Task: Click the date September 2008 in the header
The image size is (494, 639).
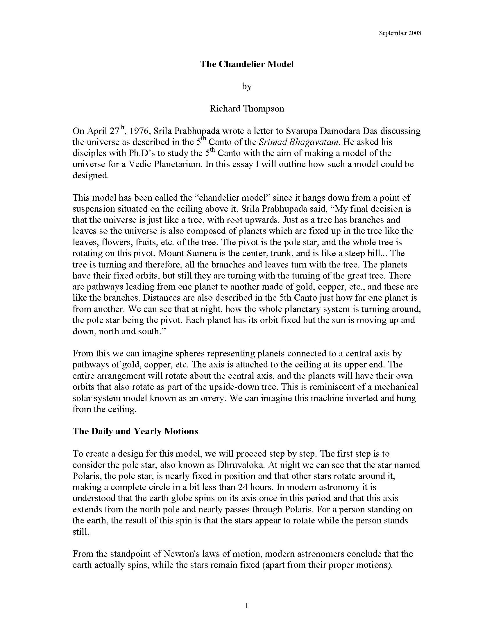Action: [400, 33]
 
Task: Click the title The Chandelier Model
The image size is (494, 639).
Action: [247, 64]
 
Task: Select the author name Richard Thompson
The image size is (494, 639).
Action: [247, 109]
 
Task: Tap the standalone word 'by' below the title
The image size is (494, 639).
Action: [247, 87]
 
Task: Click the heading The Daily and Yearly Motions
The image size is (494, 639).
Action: [135, 431]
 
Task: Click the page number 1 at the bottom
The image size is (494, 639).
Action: [246, 606]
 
